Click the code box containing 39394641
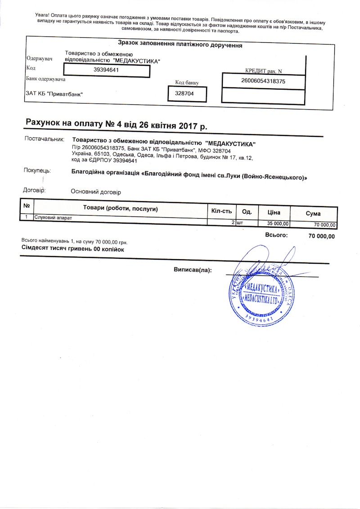click(x=106, y=70)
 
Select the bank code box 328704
click(x=187, y=94)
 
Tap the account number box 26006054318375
click(x=264, y=81)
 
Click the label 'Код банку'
click(x=187, y=83)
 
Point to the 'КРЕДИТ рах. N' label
click(x=264, y=71)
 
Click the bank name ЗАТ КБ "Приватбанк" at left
click(x=54, y=94)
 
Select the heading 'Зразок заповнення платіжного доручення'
click(x=180, y=45)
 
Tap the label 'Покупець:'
click(x=37, y=171)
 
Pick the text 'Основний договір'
click(x=96, y=192)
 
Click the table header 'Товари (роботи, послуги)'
click(x=120, y=209)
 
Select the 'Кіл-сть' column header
click(x=221, y=211)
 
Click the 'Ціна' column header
click(x=274, y=212)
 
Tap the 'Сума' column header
click(x=313, y=213)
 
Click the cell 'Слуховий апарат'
click(x=53, y=218)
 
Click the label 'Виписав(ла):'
click(x=193, y=270)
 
